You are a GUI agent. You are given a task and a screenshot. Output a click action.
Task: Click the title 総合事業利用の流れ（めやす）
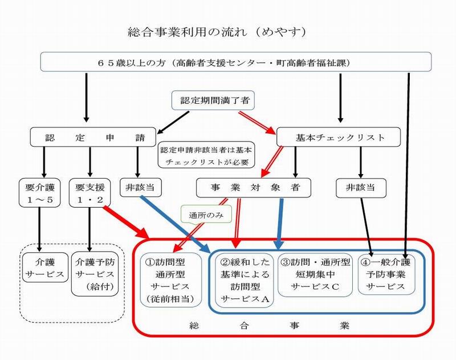click(219, 33)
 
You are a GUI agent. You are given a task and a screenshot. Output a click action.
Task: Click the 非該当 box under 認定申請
click(137, 187)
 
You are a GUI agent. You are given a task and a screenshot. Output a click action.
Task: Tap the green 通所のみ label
click(200, 215)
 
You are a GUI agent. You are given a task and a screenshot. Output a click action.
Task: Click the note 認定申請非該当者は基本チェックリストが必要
click(207, 155)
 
